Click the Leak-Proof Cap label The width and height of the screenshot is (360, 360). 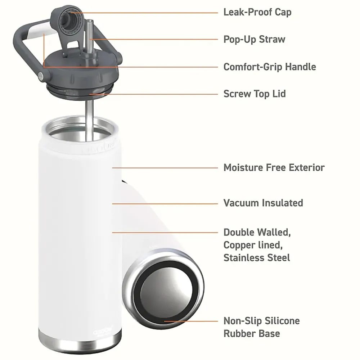257,12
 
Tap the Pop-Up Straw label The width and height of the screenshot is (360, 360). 255,39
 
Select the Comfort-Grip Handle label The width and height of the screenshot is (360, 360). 270,67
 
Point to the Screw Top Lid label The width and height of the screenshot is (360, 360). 255,94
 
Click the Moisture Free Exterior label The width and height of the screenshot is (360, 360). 274,168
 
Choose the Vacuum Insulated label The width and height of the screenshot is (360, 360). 264,203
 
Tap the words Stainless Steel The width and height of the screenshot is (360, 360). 257,258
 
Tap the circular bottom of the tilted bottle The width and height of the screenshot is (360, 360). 163,288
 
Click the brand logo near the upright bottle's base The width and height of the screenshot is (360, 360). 103,333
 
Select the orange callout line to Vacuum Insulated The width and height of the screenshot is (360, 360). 165,204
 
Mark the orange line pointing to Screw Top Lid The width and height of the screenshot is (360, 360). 153,94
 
